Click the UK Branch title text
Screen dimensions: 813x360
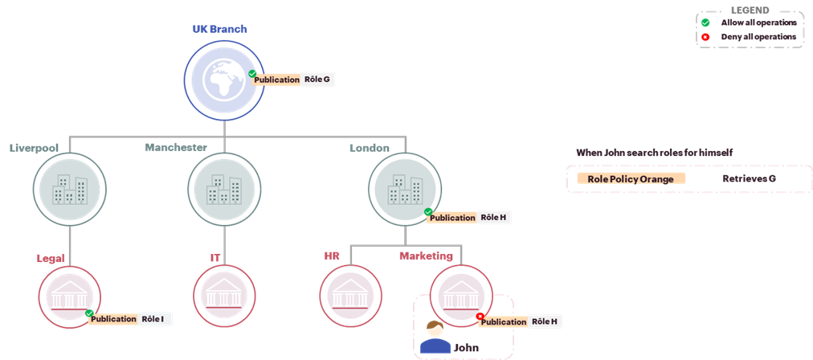pos(220,29)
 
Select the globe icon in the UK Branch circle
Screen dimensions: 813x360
pos(224,80)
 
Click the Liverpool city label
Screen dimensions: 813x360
pos(34,148)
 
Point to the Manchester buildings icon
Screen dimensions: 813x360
pos(224,190)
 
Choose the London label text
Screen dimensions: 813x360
pos(370,148)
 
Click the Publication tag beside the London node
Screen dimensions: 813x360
pos(451,218)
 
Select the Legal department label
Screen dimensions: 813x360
pos(50,258)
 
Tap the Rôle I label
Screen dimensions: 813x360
pos(153,318)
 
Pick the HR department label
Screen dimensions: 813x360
pos(332,256)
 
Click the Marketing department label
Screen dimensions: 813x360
pos(427,256)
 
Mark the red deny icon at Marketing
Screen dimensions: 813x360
pos(480,316)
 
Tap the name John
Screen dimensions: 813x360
pos(467,348)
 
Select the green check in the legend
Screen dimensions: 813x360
pos(705,22)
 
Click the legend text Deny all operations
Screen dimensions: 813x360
pos(758,37)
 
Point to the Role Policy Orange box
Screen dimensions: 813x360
pos(631,179)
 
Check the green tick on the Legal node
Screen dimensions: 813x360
pos(89,313)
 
